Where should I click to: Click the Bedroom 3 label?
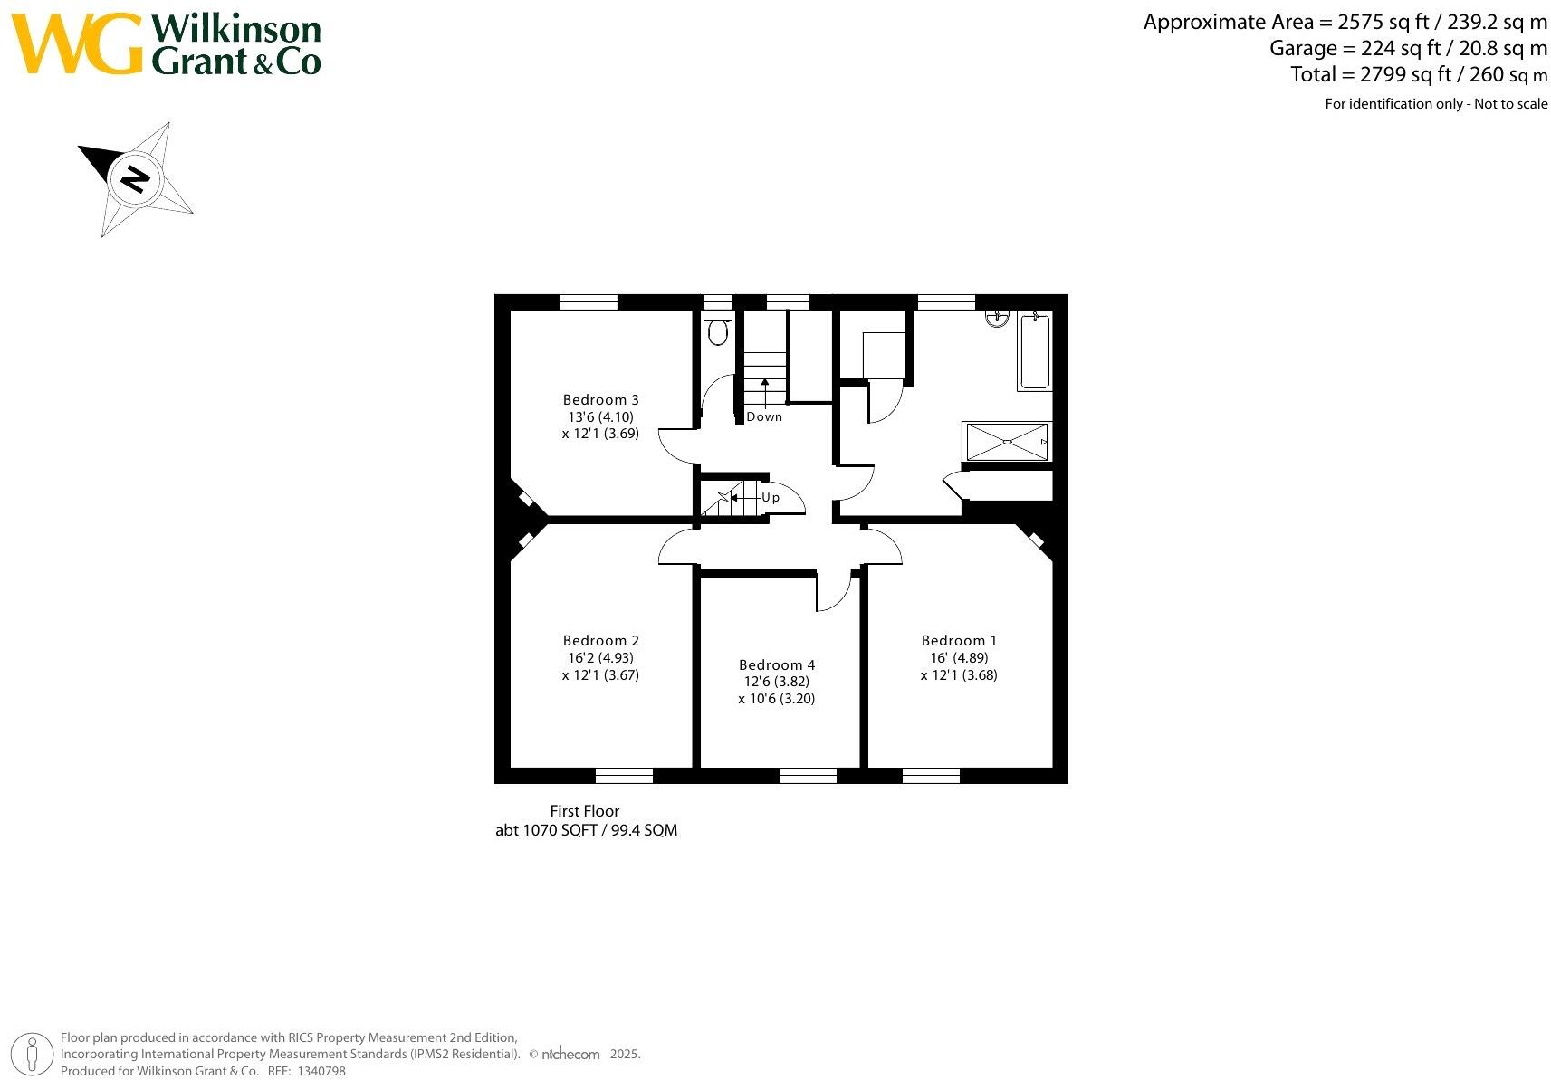click(600, 399)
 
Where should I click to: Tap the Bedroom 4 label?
click(776, 664)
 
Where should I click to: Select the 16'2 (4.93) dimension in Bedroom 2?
click(600, 658)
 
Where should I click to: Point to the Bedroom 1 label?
click(959, 640)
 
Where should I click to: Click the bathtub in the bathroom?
click(1034, 351)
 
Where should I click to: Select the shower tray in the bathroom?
click(1007, 442)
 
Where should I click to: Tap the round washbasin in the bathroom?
click(997, 317)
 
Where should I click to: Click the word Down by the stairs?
click(764, 416)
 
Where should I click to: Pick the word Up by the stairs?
click(771, 497)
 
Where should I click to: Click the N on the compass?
click(136, 178)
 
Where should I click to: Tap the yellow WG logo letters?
click(77, 44)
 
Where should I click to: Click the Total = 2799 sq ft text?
click(1418, 74)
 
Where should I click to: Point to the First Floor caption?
click(585, 811)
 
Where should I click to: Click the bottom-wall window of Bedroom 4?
click(808, 775)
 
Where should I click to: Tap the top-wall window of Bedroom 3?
click(589, 302)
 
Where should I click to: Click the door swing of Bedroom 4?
click(833, 593)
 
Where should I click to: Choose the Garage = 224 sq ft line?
click(1408, 48)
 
